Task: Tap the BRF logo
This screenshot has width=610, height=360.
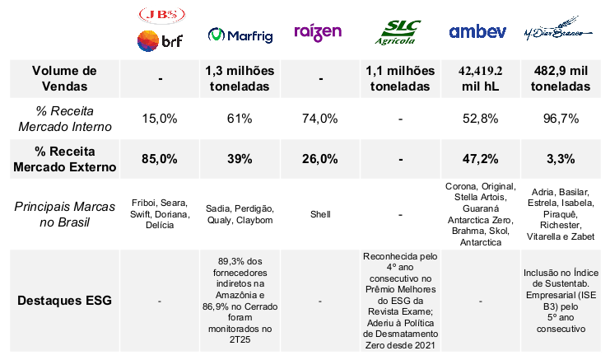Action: point(160,40)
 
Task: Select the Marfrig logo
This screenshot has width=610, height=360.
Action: point(239,35)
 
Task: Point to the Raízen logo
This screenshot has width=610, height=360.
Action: point(317,33)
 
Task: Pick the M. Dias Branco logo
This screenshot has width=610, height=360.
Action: point(562,34)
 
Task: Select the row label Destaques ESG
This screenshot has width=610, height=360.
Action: point(65,300)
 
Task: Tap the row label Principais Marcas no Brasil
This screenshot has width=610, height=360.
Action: point(65,214)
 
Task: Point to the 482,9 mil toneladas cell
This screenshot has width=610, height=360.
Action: point(561,78)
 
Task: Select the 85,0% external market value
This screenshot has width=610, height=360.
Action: point(160,159)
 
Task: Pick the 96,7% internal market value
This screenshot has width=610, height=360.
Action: point(561,119)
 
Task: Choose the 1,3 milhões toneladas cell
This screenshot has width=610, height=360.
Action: point(239,78)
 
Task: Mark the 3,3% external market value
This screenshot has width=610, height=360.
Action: point(561,159)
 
